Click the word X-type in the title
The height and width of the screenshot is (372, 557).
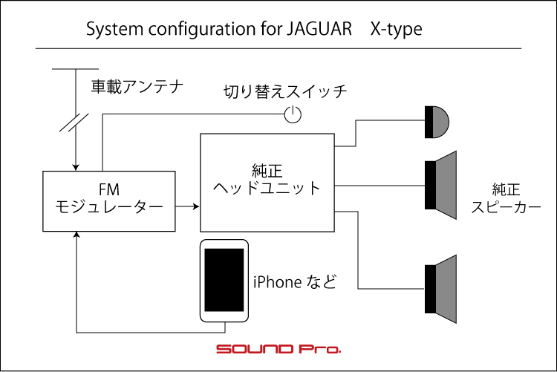[397, 30]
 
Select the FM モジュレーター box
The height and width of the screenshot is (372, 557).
[109, 200]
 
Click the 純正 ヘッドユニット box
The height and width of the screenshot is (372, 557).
[267, 182]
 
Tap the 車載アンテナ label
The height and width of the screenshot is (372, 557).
[137, 86]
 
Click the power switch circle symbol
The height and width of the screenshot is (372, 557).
[293, 114]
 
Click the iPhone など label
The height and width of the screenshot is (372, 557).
[295, 282]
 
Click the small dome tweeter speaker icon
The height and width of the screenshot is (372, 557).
[437, 122]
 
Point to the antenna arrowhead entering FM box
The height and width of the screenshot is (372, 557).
[76, 166]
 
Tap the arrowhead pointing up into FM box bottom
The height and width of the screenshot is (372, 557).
[76, 235]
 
